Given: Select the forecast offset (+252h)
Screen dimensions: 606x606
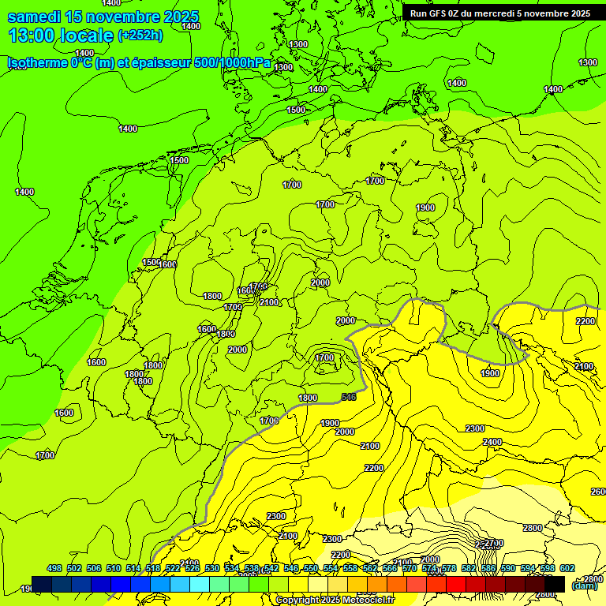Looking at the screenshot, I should (140, 36).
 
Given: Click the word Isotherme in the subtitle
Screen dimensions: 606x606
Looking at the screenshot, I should (37, 62).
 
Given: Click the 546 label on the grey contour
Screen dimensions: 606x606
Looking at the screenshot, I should (349, 396).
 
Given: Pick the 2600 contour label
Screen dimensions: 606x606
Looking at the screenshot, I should (599, 492).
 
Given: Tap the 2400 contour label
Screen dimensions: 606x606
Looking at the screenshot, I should (492, 441).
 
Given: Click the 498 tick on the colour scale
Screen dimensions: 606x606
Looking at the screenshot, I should (54, 568).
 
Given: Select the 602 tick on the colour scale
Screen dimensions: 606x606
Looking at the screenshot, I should (567, 568).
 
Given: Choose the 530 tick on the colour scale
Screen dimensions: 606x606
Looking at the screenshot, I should (212, 568).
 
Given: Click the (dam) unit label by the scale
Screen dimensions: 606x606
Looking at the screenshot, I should (585, 585).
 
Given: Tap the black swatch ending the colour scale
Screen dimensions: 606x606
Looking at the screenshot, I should (555, 583).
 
